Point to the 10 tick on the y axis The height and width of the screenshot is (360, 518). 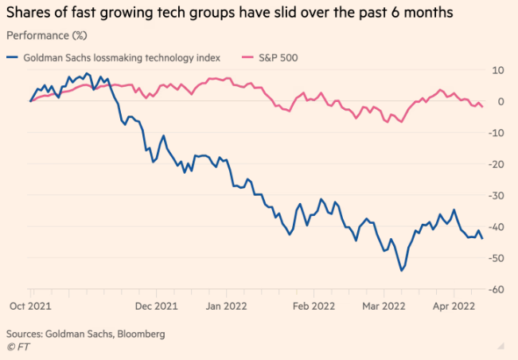pos(499,70)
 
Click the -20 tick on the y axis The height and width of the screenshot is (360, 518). pos(497,164)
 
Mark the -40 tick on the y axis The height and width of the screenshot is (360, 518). pos(497,227)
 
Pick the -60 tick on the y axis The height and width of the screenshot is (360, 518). pos(497,289)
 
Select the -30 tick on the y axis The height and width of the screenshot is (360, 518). pos(497,195)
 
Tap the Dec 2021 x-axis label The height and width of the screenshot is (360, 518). pos(156,305)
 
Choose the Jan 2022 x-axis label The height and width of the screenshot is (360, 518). pos(226,305)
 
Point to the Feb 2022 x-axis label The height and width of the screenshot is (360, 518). pos(313,305)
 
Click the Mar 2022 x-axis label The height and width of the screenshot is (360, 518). pos(383,305)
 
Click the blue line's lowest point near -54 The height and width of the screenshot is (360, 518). pos(401,270)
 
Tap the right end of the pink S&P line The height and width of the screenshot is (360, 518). pos(482,107)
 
